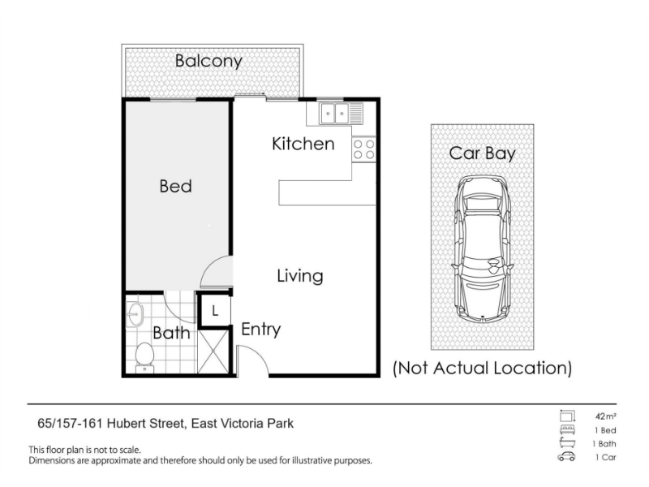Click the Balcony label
click(x=208, y=61)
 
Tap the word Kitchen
click(x=303, y=144)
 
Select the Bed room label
click(x=175, y=186)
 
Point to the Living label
click(x=300, y=276)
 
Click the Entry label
click(x=260, y=330)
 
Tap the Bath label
click(x=171, y=333)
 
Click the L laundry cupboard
click(x=215, y=311)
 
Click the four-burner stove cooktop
click(x=363, y=149)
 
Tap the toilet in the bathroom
click(x=144, y=357)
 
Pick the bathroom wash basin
click(x=134, y=315)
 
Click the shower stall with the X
click(x=213, y=351)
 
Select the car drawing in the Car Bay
click(x=483, y=249)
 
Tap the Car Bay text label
click(x=483, y=153)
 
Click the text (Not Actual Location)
click(x=482, y=368)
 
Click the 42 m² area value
click(x=606, y=416)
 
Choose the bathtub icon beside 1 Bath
click(x=567, y=442)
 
